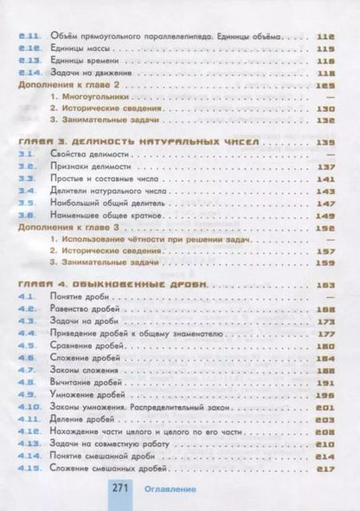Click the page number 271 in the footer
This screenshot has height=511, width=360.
tap(120, 490)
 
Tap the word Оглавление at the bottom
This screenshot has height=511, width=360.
tap(165, 490)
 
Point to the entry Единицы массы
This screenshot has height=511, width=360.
tap(83, 51)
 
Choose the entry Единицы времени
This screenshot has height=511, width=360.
tap(89, 64)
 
